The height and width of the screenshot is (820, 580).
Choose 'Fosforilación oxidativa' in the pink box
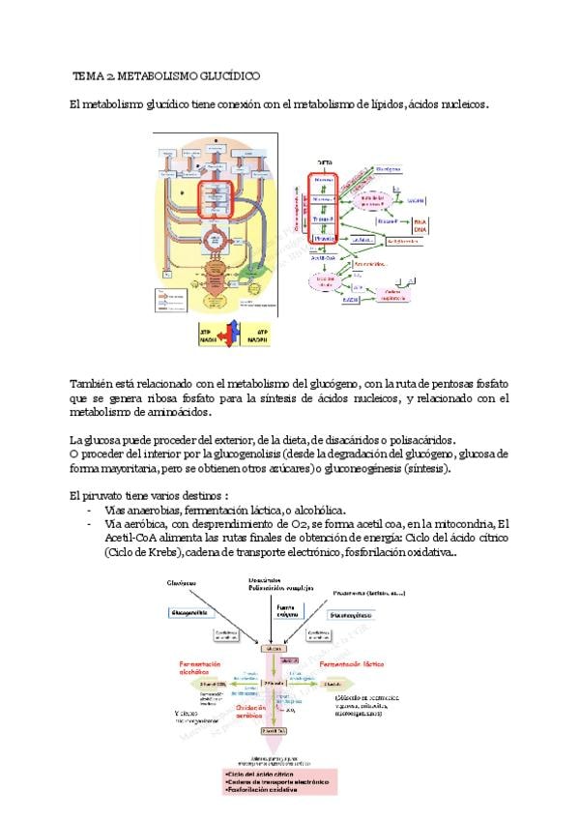[259, 790]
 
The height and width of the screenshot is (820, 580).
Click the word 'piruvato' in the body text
[101, 495]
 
